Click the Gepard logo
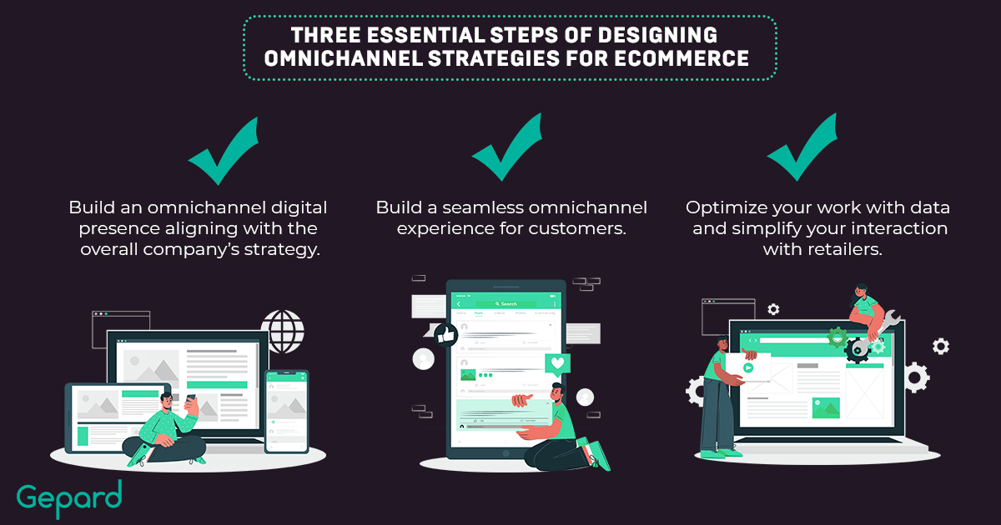coord(69,498)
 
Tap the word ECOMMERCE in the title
coord(682,58)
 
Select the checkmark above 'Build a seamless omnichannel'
coord(507,147)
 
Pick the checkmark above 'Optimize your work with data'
coord(802,147)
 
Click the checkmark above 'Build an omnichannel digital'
coord(224,151)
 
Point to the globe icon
coord(283,332)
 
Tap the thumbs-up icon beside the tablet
coord(446,335)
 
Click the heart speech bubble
coord(558,363)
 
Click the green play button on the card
coord(748,367)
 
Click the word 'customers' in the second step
coord(577,228)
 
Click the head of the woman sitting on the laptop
coord(861,292)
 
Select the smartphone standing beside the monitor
coord(286,412)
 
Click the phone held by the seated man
coord(191,398)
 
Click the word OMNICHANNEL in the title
coord(343,58)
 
